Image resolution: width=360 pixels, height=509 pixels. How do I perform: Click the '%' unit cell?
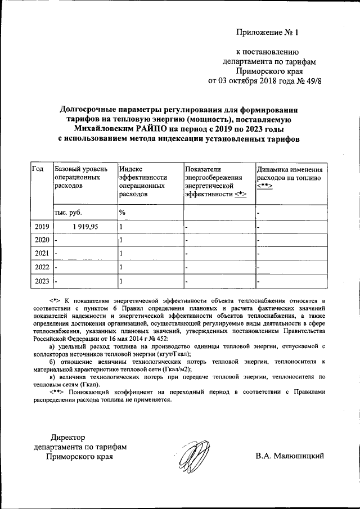coord(121,212)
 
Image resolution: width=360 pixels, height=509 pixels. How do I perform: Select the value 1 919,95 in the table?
coord(85,227)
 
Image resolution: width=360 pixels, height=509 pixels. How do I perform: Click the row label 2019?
coord(42,227)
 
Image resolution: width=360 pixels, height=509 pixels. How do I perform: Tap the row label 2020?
coord(42,240)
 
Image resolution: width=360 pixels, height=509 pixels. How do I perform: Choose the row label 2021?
coord(42,254)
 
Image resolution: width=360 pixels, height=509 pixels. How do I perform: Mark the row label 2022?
coord(42,267)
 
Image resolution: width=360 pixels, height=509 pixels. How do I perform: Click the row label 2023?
coord(42,281)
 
